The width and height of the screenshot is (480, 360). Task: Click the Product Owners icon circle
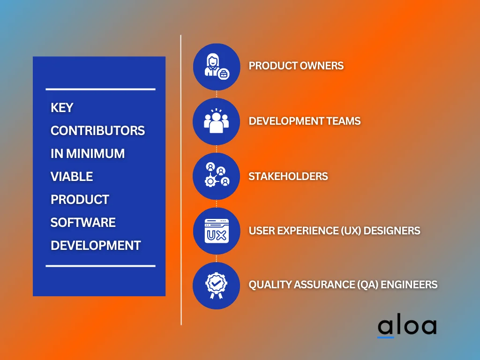tap(216, 67)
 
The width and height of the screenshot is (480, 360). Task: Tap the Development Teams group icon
tap(216, 121)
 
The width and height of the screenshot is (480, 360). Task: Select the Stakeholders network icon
tap(216, 176)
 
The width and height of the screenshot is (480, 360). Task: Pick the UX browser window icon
tap(216, 231)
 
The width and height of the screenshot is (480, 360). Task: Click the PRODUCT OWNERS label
tap(296, 66)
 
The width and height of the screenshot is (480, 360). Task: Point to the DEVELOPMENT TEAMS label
tap(305, 121)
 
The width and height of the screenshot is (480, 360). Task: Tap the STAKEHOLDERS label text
tap(288, 177)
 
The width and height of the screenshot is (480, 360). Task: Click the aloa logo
tap(407, 327)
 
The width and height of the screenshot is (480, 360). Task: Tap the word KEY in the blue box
tap(62, 108)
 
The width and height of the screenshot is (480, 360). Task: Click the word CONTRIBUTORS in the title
tap(97, 131)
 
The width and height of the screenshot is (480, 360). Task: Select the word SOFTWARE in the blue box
tap(83, 222)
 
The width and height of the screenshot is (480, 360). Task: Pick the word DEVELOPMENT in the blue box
tap(96, 245)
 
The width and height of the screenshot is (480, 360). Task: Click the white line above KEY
tap(100, 89)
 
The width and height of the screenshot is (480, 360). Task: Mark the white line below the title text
tap(100, 266)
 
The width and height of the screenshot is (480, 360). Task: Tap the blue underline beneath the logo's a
tap(386, 337)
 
